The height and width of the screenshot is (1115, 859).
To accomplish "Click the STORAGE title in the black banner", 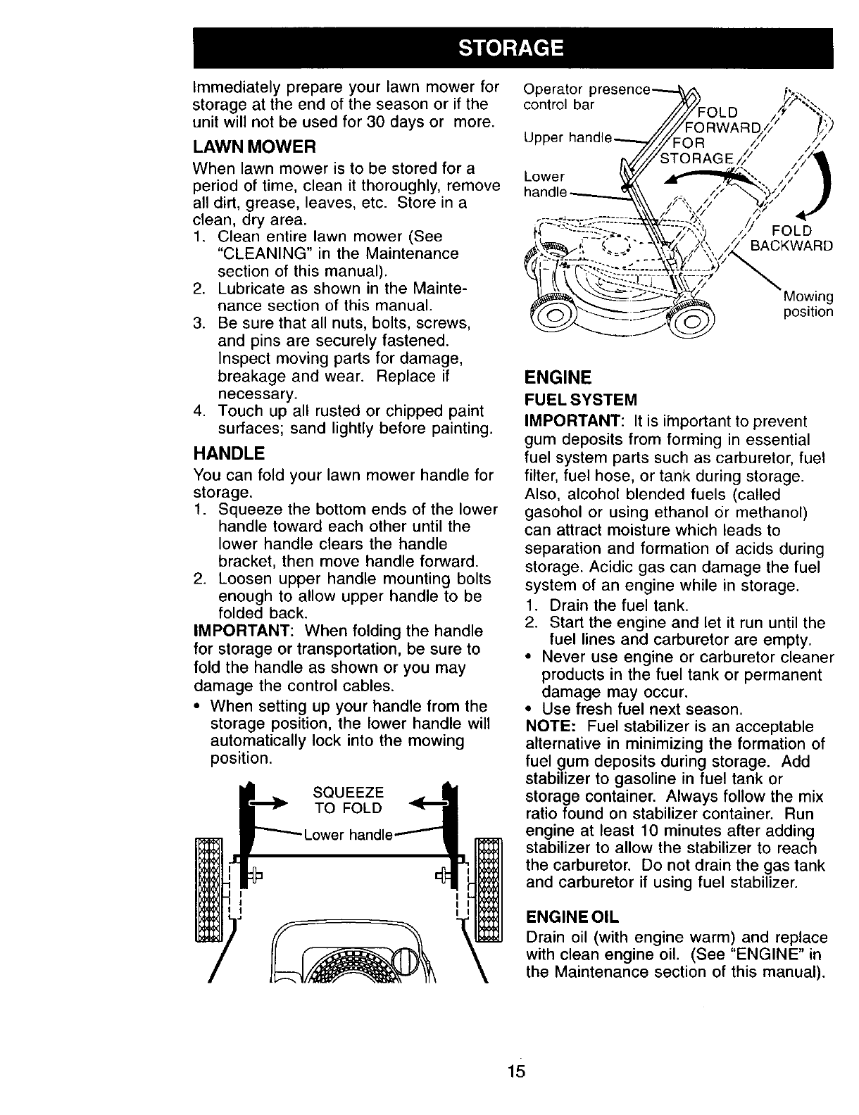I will click(511, 48).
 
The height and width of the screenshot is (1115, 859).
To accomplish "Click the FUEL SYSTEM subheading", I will click(581, 400).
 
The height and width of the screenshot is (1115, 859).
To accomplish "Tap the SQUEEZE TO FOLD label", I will click(348, 800).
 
